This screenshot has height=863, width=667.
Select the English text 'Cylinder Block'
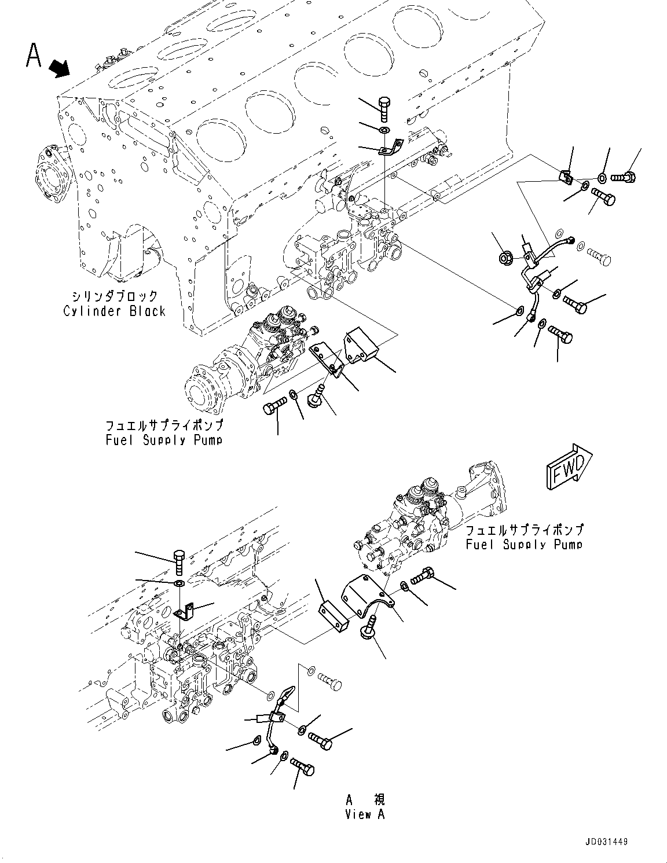(x=114, y=311)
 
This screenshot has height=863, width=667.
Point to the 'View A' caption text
(x=365, y=814)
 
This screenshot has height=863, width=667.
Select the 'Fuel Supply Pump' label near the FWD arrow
(x=524, y=544)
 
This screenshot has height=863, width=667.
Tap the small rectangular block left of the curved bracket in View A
(x=333, y=618)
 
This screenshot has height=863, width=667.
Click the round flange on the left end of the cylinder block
(x=46, y=174)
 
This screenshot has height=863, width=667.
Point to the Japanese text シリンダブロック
(x=119, y=296)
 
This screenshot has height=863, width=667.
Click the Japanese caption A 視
(x=365, y=800)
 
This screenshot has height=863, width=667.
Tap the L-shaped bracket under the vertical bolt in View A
(x=185, y=611)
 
